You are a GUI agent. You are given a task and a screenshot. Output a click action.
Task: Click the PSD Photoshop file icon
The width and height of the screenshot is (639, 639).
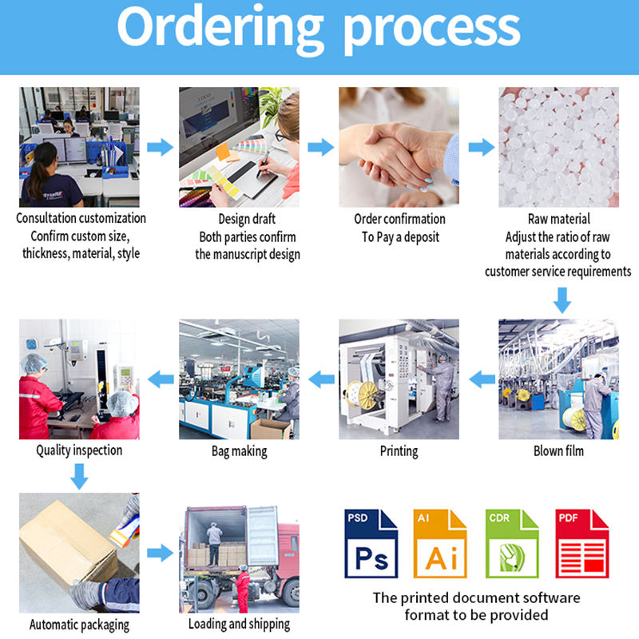coord(371,543)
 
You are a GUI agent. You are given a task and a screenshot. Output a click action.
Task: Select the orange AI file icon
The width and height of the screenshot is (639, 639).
coord(440,543)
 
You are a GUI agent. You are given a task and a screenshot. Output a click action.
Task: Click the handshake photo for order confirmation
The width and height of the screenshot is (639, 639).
coord(399,147)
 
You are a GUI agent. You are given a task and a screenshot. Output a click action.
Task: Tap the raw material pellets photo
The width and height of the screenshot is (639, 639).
coord(558,147)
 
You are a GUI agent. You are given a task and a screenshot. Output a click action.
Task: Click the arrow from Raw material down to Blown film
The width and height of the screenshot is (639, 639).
coord(562,300)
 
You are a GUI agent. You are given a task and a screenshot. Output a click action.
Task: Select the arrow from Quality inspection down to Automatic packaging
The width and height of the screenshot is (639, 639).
coord(78,477)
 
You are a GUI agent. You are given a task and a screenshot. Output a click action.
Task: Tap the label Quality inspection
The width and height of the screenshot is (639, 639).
coord(79,450)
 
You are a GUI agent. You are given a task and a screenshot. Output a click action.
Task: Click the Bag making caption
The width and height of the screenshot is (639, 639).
coord(239,451)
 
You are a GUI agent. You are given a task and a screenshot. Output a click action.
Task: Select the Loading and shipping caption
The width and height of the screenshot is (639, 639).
coord(239,624)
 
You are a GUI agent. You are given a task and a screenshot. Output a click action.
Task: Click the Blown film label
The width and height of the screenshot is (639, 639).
coord(558,451)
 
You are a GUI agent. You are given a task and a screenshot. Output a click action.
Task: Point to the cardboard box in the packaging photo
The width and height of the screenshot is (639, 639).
coord(64,543)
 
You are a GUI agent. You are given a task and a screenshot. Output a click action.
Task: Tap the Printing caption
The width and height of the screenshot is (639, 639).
coord(399,451)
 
